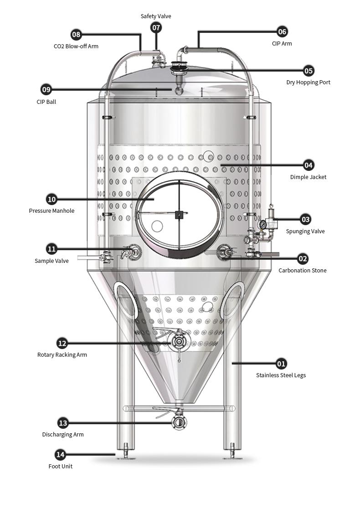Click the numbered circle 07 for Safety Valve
156,28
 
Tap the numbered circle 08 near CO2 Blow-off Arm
76,35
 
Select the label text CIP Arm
282,44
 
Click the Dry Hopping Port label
308,82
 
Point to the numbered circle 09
46,89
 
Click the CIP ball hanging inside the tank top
178,91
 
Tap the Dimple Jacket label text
308,177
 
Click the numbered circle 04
309,165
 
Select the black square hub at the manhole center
179,215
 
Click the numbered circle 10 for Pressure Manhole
51,199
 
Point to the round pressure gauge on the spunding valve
262,225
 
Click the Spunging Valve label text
305,231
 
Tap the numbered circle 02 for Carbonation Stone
303,259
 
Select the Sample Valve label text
51,261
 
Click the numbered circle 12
62,343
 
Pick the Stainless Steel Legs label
281,375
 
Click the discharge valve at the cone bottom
179,422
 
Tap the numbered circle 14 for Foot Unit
60,454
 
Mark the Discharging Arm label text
63,435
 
